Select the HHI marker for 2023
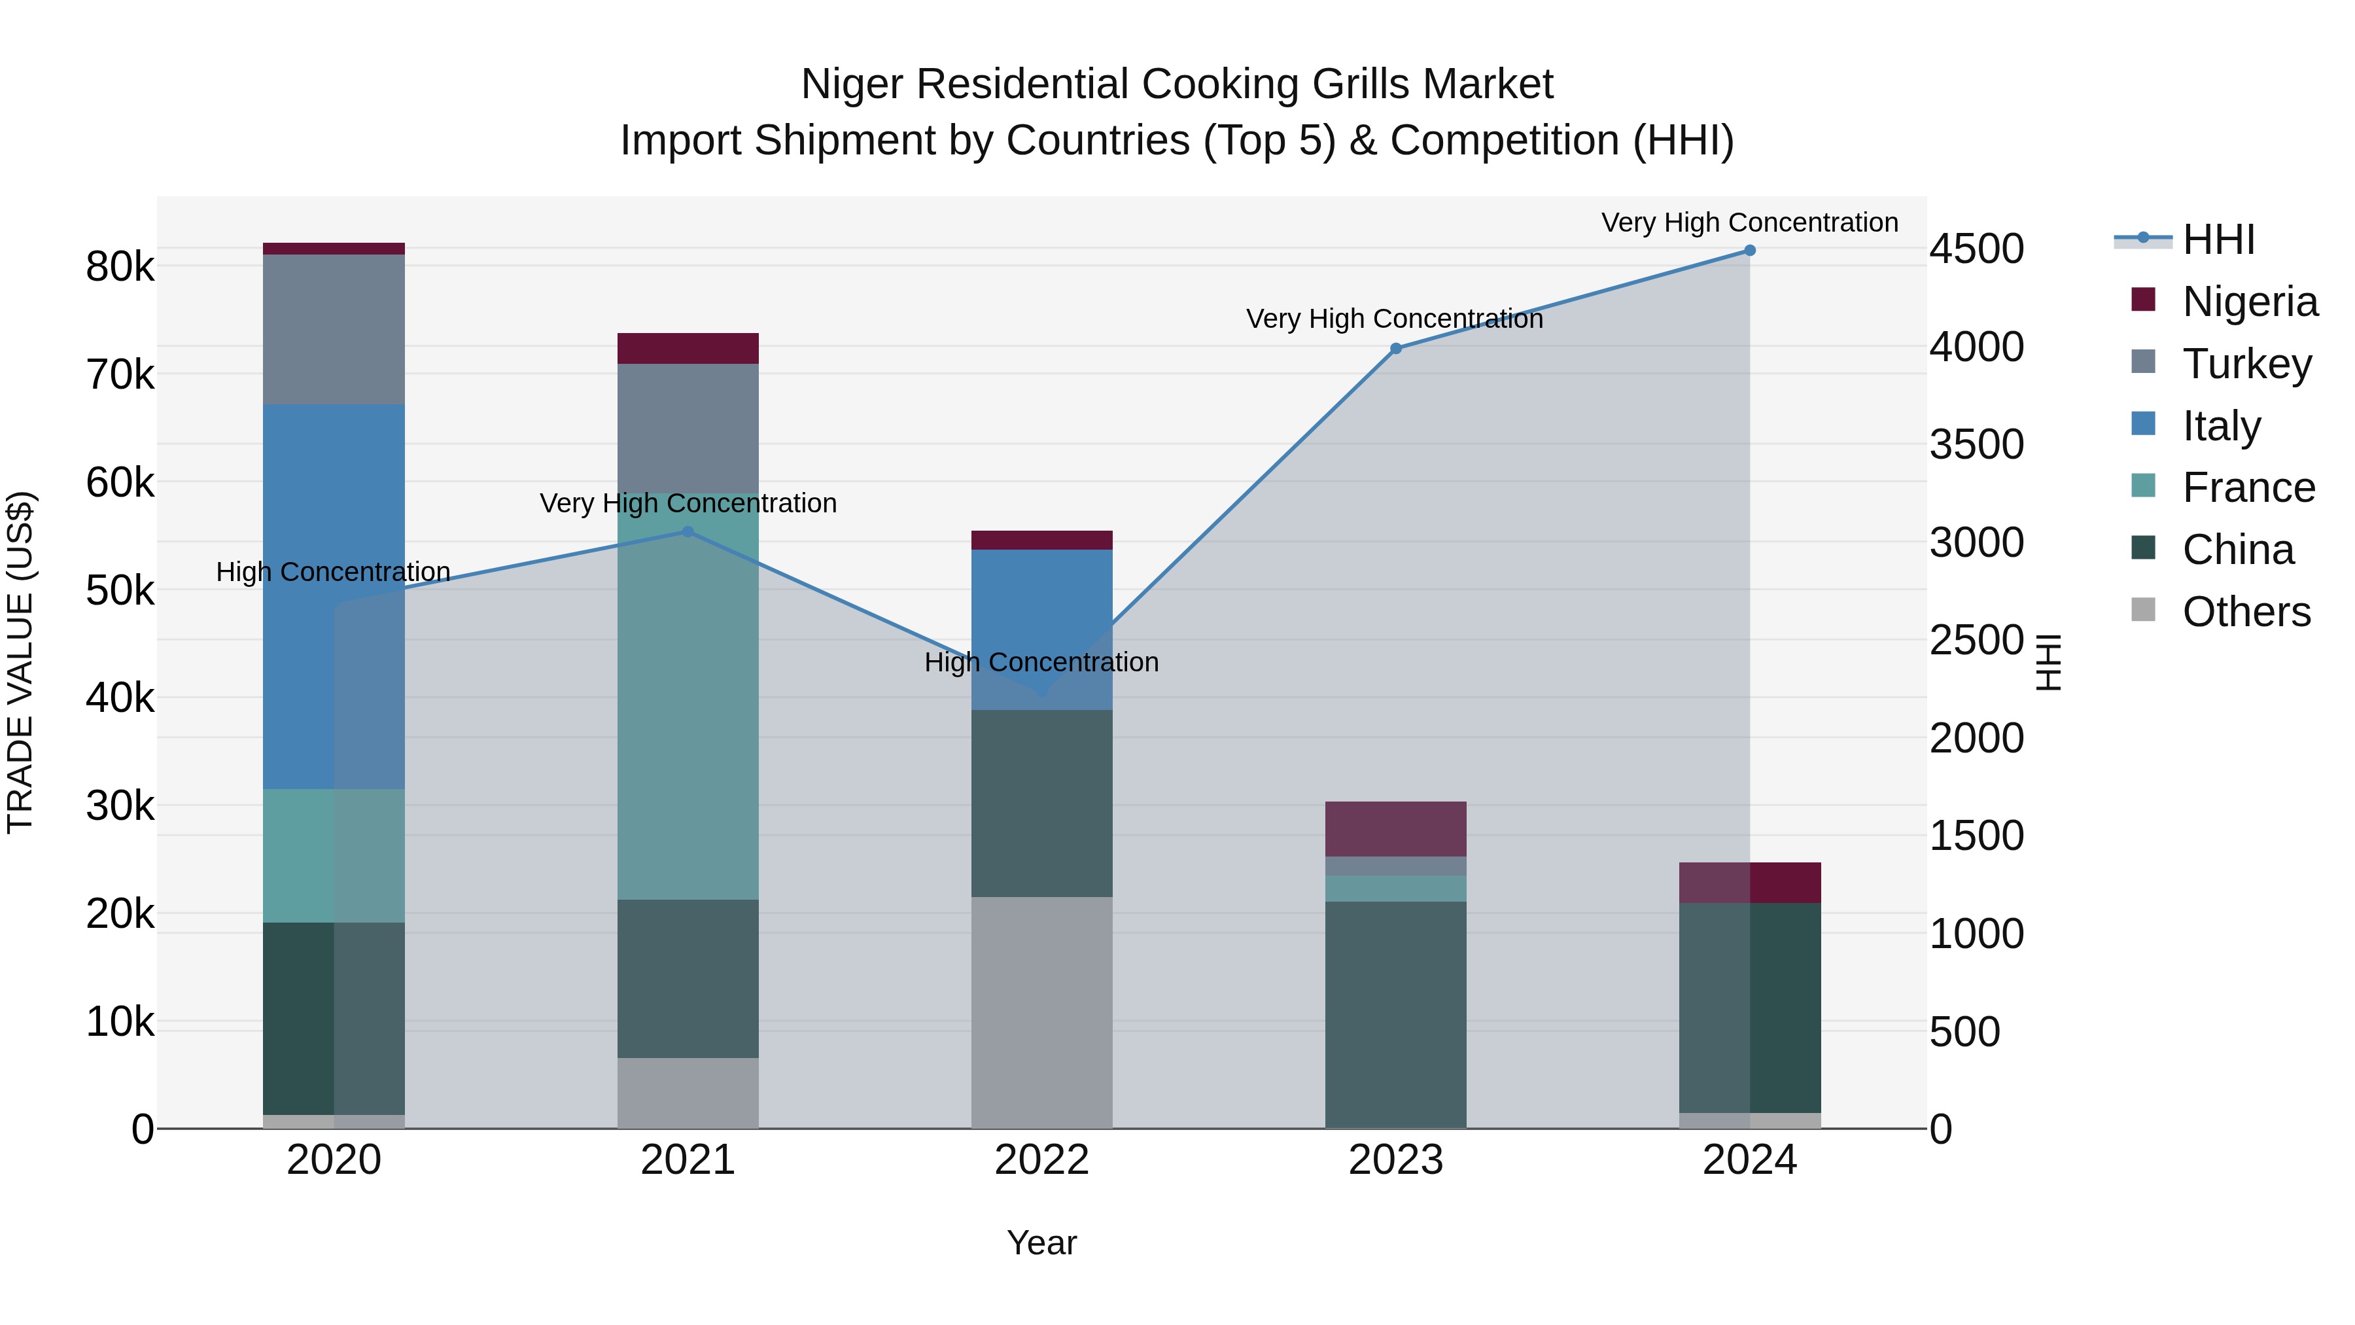point(1396,348)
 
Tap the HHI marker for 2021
point(688,531)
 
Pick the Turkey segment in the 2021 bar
point(688,428)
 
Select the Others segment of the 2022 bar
point(1042,1012)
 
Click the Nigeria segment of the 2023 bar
point(1396,828)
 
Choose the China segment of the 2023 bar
point(1396,1015)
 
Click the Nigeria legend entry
point(2249,301)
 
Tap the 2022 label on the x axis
point(1042,1160)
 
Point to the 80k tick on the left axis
point(120,267)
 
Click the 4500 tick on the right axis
point(1976,249)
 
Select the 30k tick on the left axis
point(120,805)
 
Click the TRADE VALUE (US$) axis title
point(20,662)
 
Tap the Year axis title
point(1042,1243)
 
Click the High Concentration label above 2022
point(1041,662)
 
